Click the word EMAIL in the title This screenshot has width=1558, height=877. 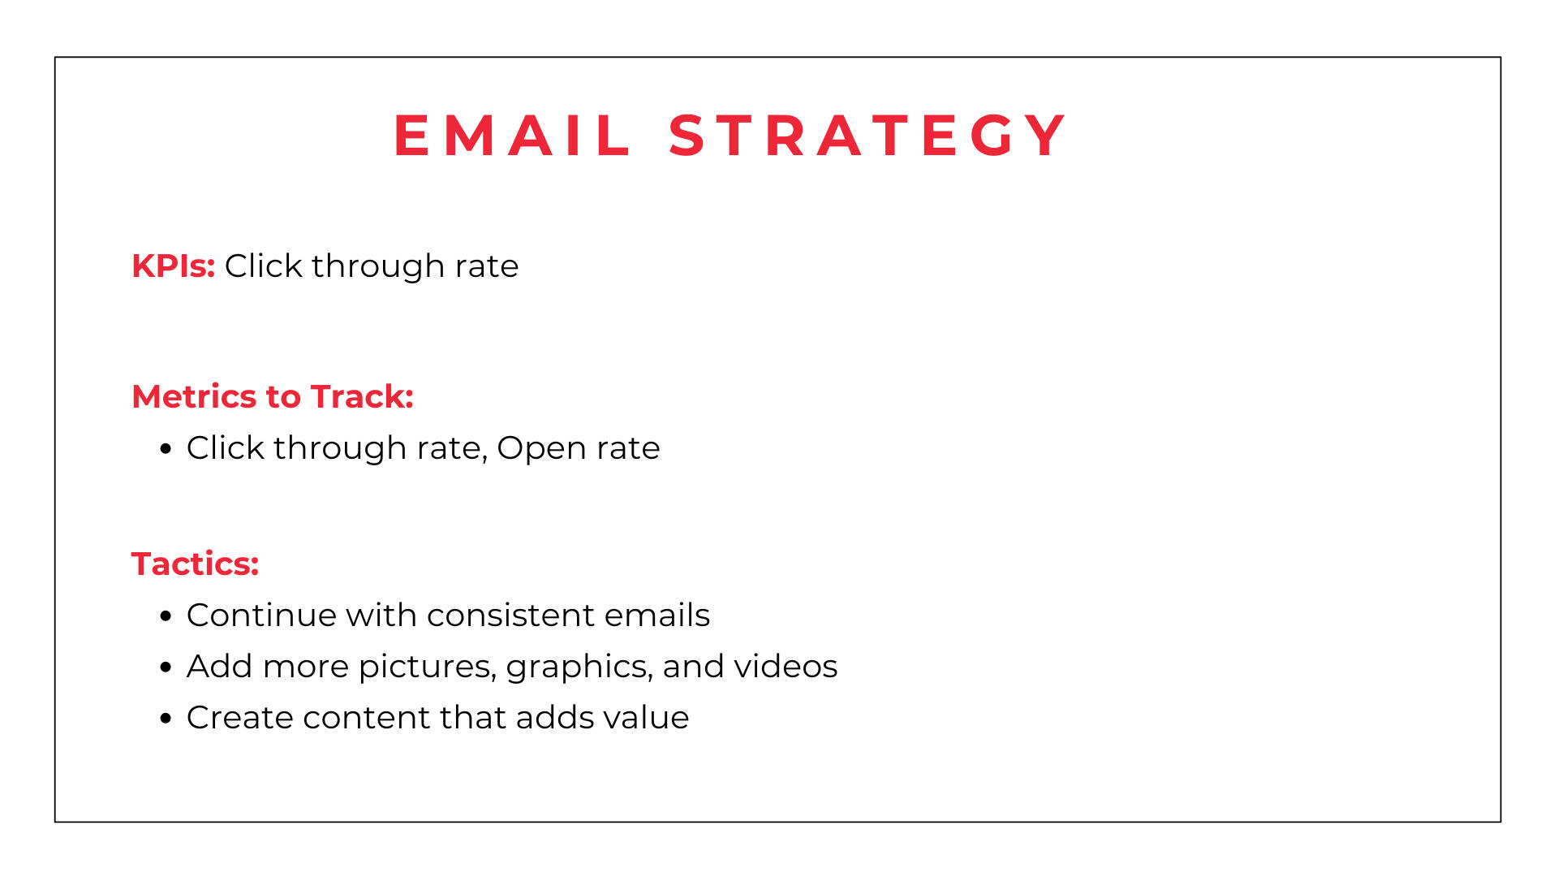pos(512,135)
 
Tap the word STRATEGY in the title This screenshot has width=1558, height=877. pos(867,135)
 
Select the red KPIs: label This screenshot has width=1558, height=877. pos(173,266)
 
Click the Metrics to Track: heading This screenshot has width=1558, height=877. pos(273,396)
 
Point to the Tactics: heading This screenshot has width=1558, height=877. pos(195,564)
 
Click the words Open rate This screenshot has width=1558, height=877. pos(579,447)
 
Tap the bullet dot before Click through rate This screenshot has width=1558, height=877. pos(166,449)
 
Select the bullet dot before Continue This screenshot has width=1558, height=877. pos(166,616)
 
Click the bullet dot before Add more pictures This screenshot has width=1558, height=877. pos(166,667)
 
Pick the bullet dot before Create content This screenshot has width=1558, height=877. pos(166,719)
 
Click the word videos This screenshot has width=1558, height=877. pos(785,666)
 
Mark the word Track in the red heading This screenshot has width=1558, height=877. pos(362,396)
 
